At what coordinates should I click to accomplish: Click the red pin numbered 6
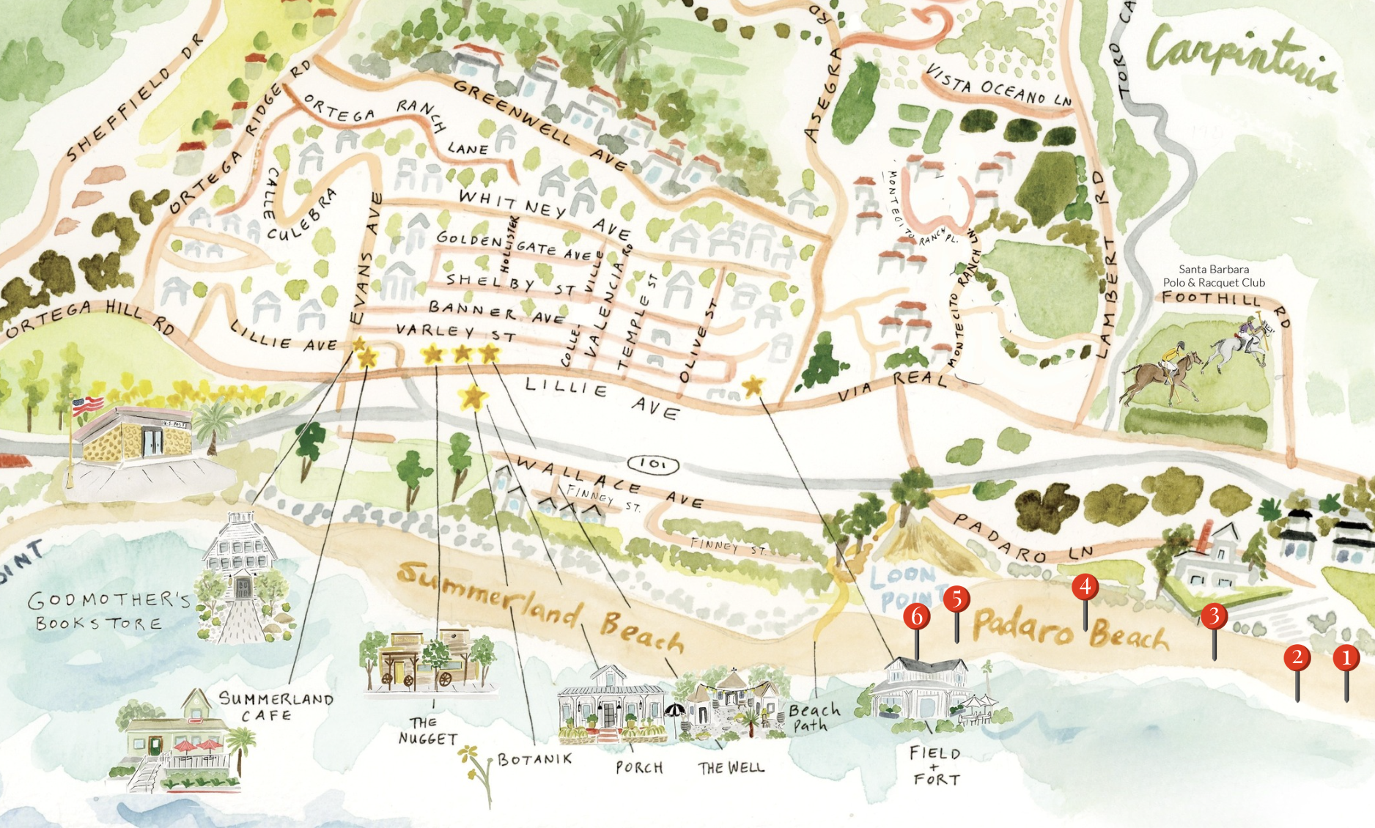point(916,617)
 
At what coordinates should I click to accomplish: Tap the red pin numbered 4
point(1085,587)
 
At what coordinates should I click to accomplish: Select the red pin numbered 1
point(1346,658)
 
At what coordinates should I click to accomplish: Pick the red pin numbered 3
point(1214,616)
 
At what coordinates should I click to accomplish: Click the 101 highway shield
point(653,464)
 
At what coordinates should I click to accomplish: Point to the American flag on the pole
point(87,404)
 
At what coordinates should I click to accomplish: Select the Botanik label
point(534,759)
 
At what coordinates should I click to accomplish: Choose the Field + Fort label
point(935,765)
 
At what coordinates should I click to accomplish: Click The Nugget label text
point(428,731)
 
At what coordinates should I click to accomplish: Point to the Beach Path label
point(814,717)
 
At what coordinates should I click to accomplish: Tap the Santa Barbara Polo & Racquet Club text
point(1214,276)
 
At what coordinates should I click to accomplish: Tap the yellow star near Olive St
point(753,386)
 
